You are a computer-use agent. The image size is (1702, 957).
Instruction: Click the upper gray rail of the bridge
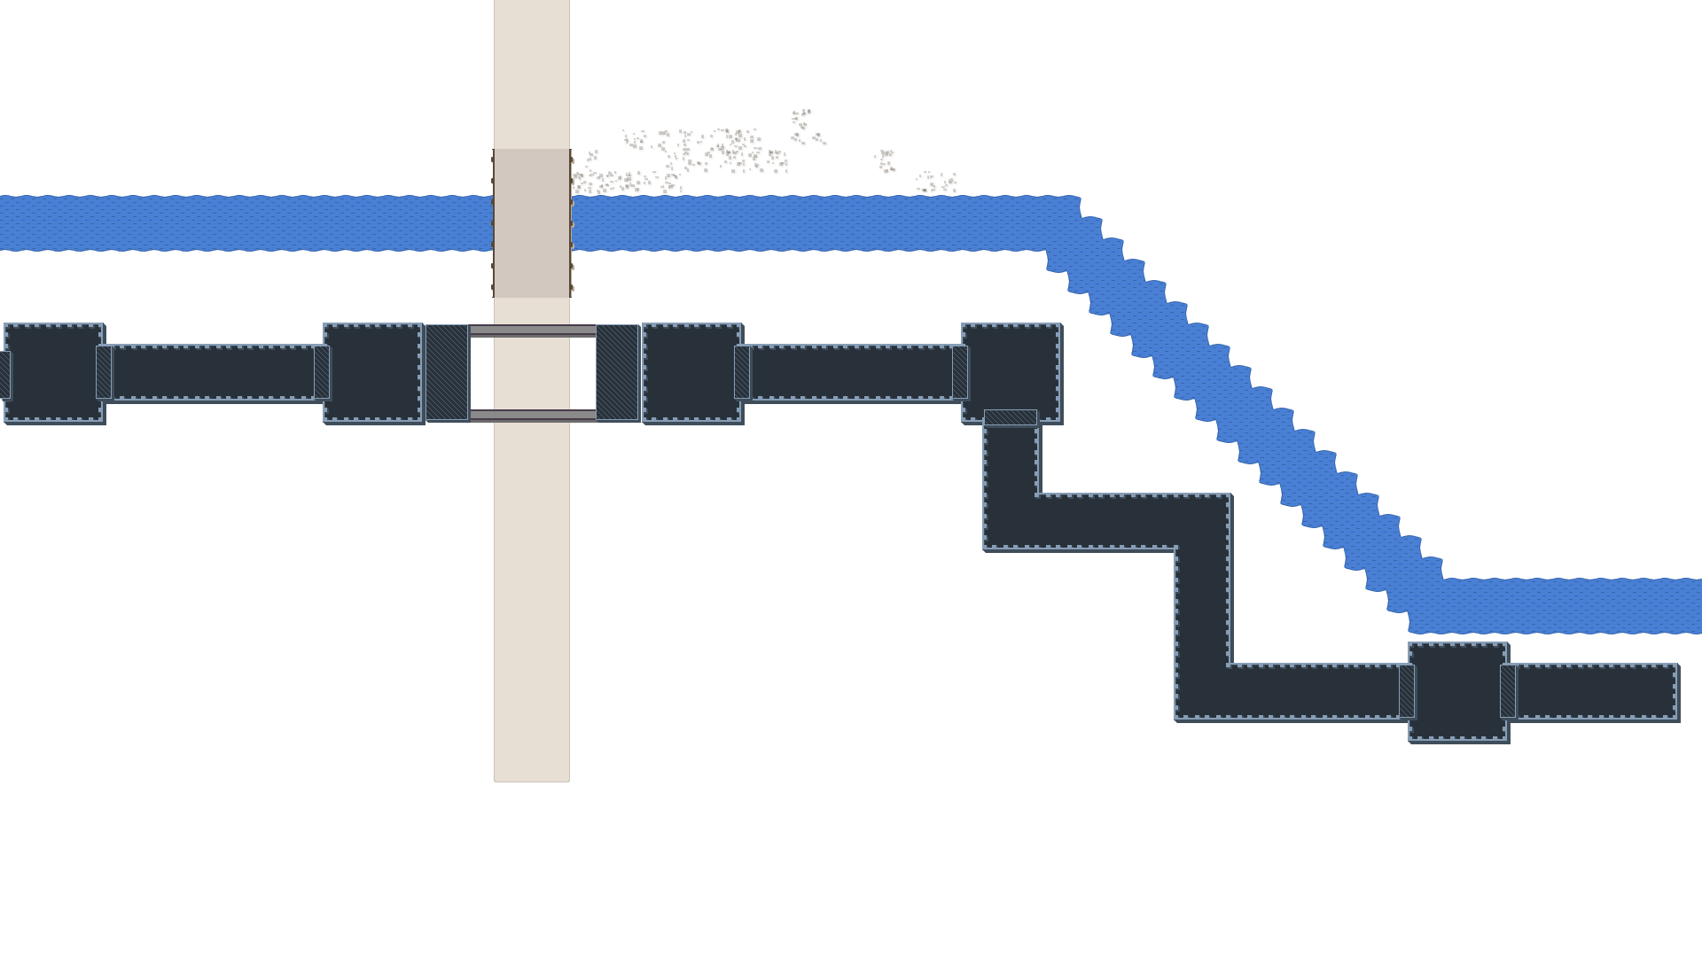(532, 331)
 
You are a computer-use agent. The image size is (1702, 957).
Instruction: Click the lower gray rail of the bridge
(532, 415)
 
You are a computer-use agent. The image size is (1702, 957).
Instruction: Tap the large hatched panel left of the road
(447, 372)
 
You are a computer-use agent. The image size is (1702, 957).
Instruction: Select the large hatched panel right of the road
(617, 372)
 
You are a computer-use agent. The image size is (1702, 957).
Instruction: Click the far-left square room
(53, 372)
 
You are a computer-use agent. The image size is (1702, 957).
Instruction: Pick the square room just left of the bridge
(372, 372)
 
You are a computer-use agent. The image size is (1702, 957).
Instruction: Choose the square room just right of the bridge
(691, 372)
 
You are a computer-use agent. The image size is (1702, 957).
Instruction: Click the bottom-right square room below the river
(1457, 691)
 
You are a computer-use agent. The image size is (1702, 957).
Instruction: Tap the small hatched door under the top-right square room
(1011, 417)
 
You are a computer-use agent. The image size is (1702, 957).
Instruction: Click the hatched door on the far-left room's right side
(104, 372)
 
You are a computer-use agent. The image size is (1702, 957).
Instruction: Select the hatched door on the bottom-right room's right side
(1508, 691)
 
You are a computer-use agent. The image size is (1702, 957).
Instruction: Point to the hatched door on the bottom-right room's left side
(1407, 691)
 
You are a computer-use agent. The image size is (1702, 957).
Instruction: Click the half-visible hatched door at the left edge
(4, 374)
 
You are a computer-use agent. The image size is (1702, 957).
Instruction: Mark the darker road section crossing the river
(532, 223)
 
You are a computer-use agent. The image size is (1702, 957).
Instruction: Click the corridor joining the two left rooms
(213, 372)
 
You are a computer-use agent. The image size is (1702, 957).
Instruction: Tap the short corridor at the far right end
(1596, 691)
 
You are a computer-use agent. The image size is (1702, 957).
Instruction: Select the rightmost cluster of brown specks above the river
(936, 183)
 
